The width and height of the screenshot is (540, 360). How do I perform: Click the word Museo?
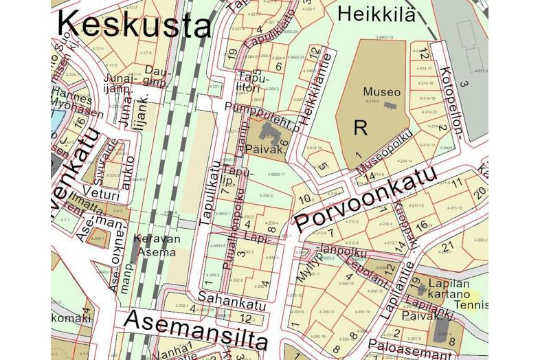coord(381,92)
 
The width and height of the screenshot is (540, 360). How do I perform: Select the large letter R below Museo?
coord(360,127)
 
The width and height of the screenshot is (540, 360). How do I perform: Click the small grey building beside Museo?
coord(390,105)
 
